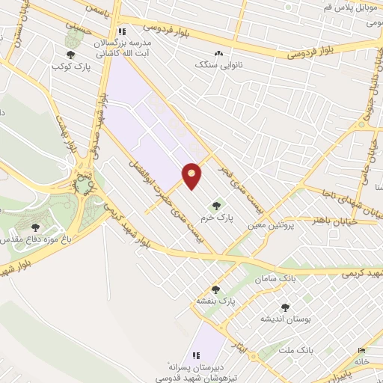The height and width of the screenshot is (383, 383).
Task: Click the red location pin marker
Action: click(192, 176)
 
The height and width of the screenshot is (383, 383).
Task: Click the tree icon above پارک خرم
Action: click(216, 206)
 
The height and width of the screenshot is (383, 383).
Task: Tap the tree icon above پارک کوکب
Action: click(71, 54)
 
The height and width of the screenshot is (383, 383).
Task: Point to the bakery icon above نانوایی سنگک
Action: click(218, 53)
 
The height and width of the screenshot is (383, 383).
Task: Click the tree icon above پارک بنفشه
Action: click(216, 289)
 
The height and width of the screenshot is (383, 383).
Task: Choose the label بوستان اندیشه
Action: click(285, 319)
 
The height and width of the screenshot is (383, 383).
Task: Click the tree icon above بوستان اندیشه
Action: click(284, 307)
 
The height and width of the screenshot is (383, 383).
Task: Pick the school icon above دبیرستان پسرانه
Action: click(197, 355)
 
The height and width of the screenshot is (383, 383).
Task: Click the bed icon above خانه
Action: click(362, 350)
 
